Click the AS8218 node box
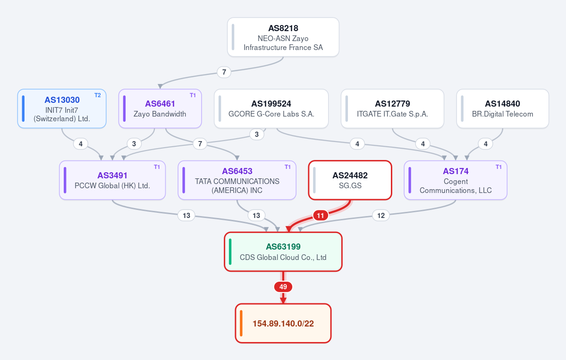283,37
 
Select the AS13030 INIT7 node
62,109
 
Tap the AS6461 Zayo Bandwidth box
160,109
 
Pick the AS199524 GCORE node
271,109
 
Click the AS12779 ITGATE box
392,109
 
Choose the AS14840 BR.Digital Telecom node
502,109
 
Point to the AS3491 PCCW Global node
112,180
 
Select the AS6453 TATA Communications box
237,180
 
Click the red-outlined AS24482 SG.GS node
350,180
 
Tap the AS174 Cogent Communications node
456,180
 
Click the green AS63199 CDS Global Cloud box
283,252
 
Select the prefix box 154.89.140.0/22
283,323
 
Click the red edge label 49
283,287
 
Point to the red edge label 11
320,215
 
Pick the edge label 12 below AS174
381,215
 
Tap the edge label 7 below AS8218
224,72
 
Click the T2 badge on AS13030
97,95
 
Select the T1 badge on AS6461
193,95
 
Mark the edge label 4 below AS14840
485,144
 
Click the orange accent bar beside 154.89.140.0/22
241,323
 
